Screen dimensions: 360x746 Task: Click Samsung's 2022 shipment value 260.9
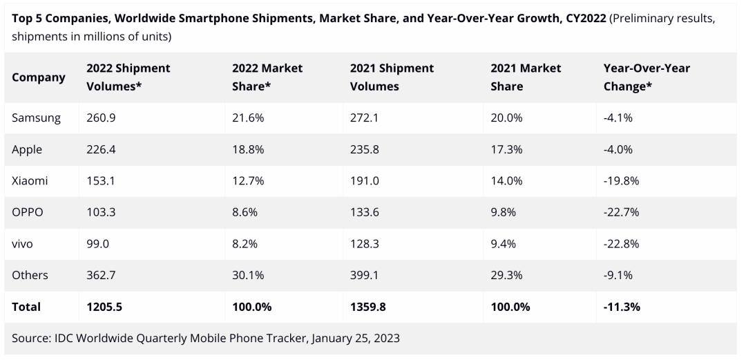tap(101, 118)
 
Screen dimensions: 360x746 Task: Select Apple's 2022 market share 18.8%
tap(247, 149)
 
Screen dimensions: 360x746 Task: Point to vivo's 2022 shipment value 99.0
tap(98, 244)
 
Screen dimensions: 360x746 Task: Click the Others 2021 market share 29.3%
tap(506, 275)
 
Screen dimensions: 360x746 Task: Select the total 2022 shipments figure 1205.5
tap(104, 307)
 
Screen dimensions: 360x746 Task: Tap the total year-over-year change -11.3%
tap(622, 307)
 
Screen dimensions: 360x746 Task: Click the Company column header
tap(39, 77)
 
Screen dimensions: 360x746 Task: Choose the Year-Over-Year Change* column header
tap(647, 77)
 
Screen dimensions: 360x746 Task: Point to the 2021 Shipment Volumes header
tap(392, 77)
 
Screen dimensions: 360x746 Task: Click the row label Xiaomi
tap(30, 181)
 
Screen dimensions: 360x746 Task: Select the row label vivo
tap(22, 244)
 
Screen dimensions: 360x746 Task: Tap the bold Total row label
tap(26, 307)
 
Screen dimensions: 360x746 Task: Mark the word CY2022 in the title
tap(584, 19)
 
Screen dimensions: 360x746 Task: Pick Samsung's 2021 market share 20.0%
tap(507, 118)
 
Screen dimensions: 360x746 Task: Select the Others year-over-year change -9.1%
tap(618, 275)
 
